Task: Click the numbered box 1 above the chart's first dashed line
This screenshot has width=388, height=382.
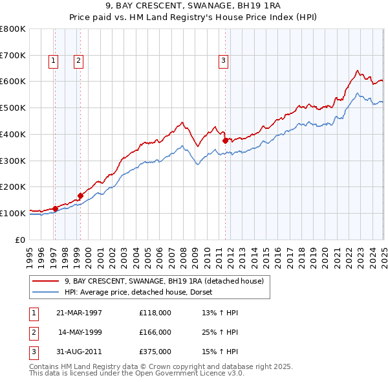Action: click(52, 61)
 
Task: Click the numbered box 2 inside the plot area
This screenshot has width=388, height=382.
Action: click(78, 61)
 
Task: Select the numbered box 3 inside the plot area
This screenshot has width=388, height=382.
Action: click(223, 61)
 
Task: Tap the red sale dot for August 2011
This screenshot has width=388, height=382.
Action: click(226, 140)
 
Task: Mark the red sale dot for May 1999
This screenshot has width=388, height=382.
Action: click(81, 196)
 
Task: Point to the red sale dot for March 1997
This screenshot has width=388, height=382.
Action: click(56, 208)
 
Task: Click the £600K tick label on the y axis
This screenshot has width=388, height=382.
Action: click(12, 82)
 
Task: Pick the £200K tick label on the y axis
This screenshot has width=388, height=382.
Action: click(12, 186)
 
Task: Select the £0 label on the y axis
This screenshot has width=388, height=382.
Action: click(19, 240)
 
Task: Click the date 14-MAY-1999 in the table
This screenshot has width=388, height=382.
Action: click(80, 332)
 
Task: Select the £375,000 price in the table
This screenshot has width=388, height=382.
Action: click(155, 352)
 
